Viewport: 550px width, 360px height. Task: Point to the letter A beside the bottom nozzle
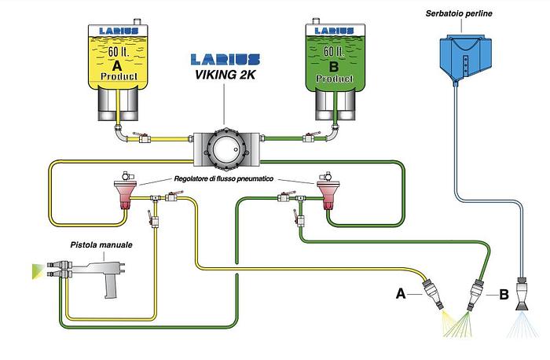pyautogui.click(x=401, y=295)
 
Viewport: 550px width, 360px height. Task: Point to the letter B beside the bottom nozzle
pyautogui.click(x=504, y=296)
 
